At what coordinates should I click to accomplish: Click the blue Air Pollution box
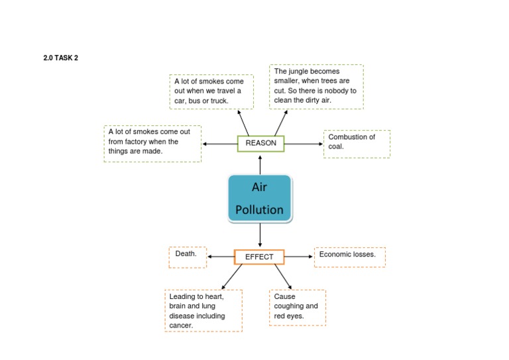point(260,198)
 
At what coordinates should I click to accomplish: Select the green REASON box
point(260,143)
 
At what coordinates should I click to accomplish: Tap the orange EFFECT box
point(259,257)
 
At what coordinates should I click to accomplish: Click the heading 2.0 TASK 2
point(60,58)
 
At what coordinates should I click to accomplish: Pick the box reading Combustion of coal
point(357,143)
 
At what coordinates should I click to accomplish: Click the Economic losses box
point(349,257)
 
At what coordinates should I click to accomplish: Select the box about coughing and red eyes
point(297,307)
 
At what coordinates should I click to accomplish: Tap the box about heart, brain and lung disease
point(203,310)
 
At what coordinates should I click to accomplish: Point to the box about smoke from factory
point(152,143)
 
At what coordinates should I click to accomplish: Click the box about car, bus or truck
point(211,91)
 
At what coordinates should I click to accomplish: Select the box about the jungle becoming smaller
point(316,86)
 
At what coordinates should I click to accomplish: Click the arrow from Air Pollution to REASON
point(260,164)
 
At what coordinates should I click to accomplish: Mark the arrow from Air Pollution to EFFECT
point(260,235)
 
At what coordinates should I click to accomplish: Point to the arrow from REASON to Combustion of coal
point(304,143)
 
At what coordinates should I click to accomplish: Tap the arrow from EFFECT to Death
point(221,257)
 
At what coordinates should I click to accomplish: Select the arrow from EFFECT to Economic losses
point(298,257)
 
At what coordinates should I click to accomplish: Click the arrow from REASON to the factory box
point(220,143)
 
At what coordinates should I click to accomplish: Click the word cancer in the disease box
point(181,326)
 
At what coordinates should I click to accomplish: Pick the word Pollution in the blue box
point(260,210)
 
